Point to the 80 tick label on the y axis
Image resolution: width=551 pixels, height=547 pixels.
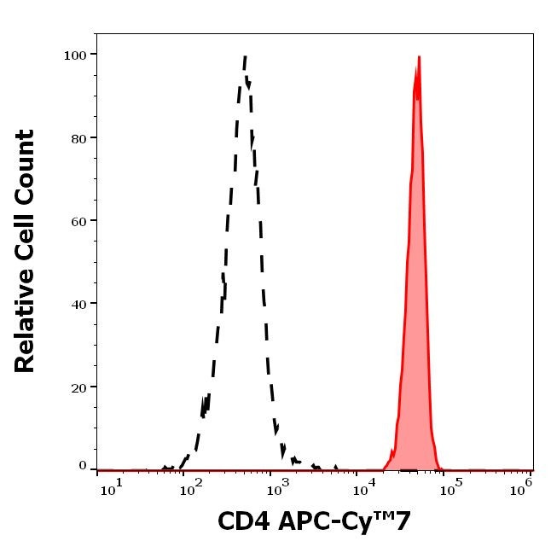tap(78, 137)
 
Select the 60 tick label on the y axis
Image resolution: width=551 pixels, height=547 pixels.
tap(78, 220)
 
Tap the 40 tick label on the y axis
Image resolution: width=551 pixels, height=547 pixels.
tap(78, 303)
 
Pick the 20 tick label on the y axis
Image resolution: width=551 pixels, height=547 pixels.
tap(78, 387)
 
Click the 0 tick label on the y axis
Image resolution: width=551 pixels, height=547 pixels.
tap(83, 466)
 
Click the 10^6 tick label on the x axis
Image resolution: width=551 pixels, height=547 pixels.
tap(522, 486)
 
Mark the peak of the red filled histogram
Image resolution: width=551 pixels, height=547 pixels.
tap(419, 57)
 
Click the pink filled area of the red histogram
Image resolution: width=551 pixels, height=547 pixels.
tap(415, 341)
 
